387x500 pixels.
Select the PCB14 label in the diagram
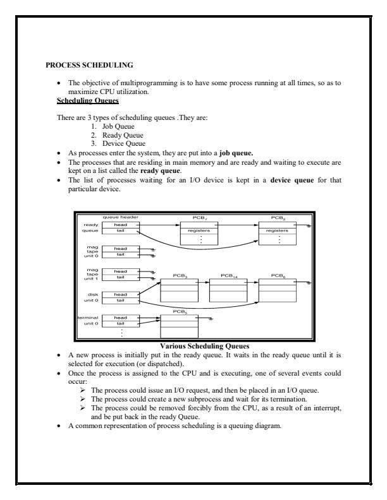point(228,276)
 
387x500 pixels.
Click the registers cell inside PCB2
point(278,232)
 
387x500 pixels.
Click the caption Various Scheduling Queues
point(193,345)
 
